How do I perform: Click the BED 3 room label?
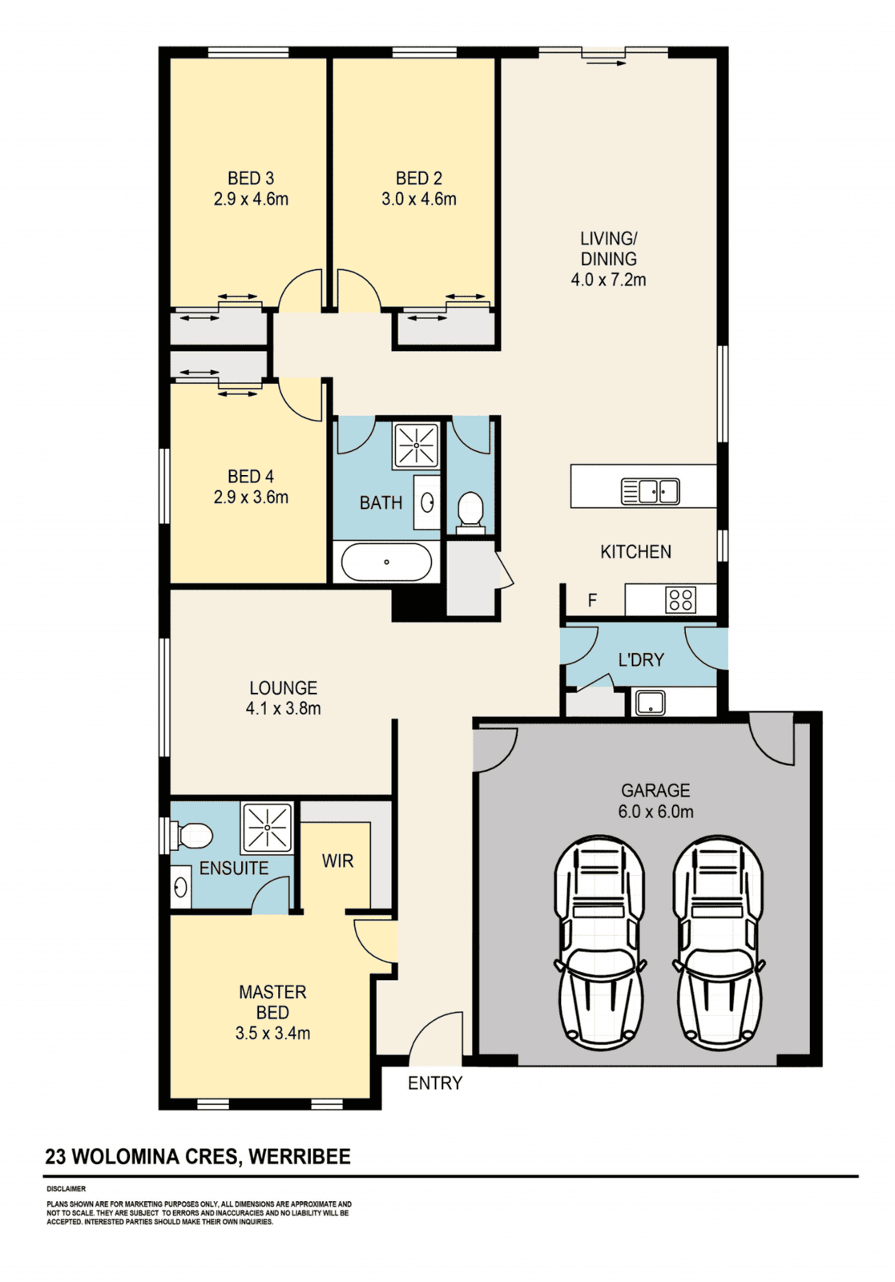[251, 179]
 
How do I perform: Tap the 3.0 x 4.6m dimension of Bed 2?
[419, 200]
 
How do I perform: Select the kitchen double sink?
[650, 491]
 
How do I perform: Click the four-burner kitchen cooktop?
[680, 600]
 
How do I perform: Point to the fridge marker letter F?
[593, 600]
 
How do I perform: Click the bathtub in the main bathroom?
[386, 562]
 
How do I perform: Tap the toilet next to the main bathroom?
[470, 512]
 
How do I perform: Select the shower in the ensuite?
[268, 828]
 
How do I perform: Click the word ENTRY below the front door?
[435, 1082]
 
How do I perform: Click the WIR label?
[337, 861]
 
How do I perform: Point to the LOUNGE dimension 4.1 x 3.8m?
[284, 708]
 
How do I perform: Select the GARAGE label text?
[655, 790]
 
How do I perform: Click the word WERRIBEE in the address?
[300, 1157]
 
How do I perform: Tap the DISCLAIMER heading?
[67, 1189]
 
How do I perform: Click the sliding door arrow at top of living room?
[606, 62]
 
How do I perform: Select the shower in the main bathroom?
[416, 445]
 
